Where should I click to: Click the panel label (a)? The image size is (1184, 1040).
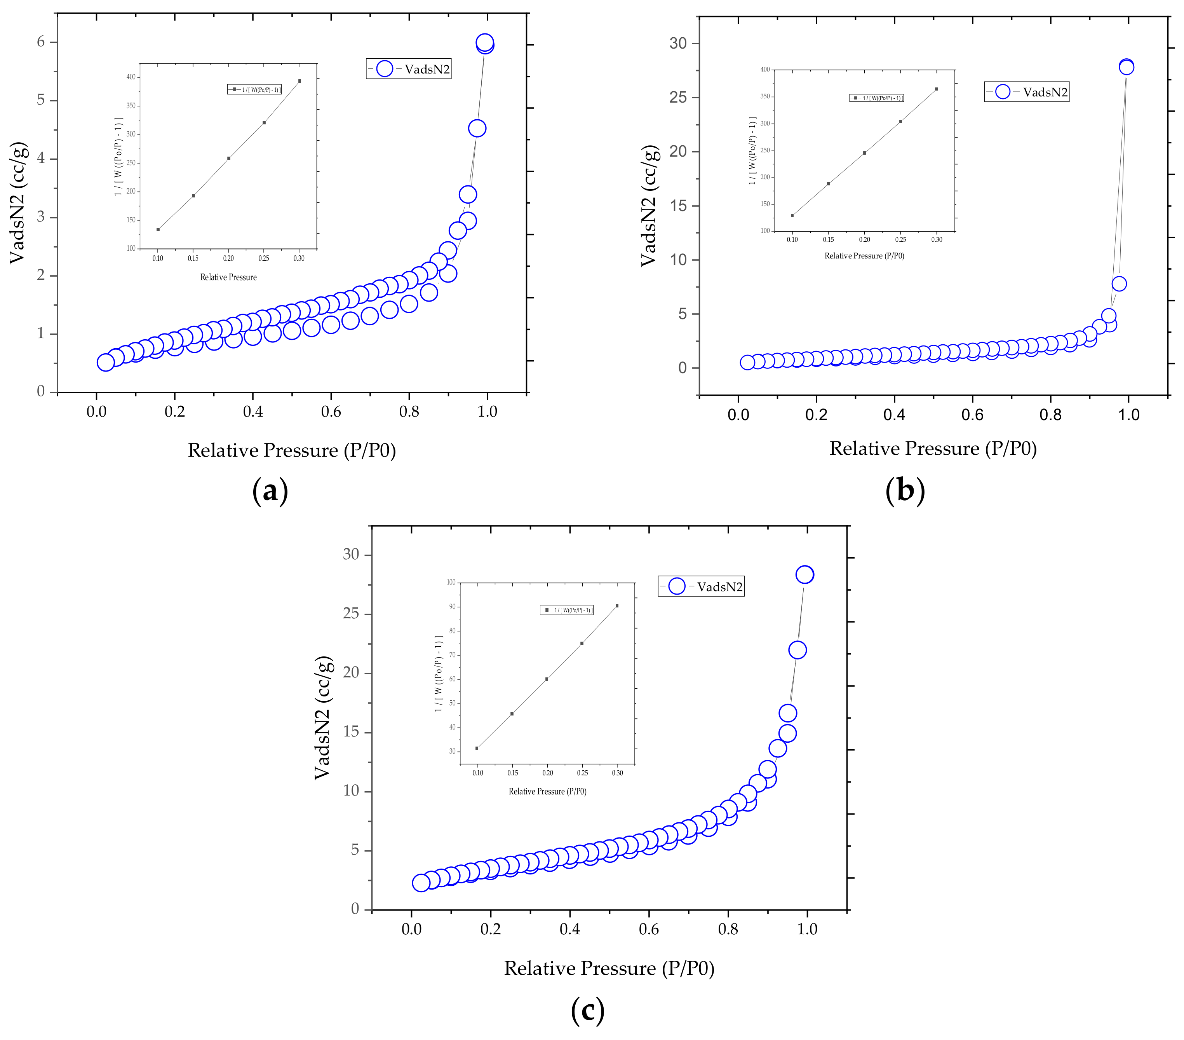pyautogui.click(x=270, y=491)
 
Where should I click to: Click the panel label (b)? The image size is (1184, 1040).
pyautogui.click(x=905, y=490)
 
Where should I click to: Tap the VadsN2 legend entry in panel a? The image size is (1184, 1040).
pyautogui.click(x=408, y=69)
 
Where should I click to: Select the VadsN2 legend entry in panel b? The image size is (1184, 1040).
pyautogui.click(x=1026, y=92)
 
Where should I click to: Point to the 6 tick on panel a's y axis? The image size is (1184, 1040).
pyautogui.click(x=40, y=42)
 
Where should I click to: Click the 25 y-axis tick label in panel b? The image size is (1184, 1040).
pyautogui.click(x=678, y=97)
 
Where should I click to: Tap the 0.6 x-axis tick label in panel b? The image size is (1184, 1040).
pyautogui.click(x=973, y=415)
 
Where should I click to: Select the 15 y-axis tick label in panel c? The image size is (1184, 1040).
pyautogui.click(x=351, y=732)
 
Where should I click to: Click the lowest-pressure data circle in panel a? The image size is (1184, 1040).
pyautogui.click(x=105, y=363)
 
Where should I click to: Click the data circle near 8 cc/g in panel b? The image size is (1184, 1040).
pyautogui.click(x=1119, y=283)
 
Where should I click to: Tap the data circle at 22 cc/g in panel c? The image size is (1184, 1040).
pyautogui.click(x=797, y=650)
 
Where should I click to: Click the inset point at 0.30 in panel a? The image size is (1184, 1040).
pyautogui.click(x=299, y=81)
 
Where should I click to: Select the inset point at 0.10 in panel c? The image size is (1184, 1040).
pyautogui.click(x=477, y=748)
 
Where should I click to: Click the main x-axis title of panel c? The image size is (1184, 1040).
pyautogui.click(x=609, y=968)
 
